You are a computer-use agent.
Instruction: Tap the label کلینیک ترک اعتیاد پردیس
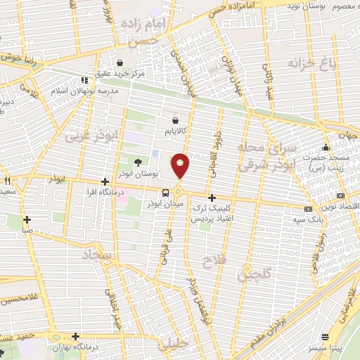click(x=212, y=215)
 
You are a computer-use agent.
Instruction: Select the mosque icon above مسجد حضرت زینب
click(x=326, y=148)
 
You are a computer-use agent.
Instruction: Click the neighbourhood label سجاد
click(x=98, y=255)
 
